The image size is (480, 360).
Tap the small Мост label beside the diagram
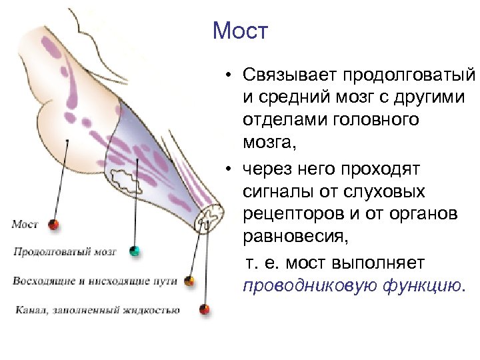click(x=25, y=225)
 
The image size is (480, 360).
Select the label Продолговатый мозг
click(x=65, y=252)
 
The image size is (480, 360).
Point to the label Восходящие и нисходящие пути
click(x=94, y=281)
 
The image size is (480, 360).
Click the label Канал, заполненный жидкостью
click(x=96, y=309)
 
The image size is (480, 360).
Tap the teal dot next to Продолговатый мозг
click(x=135, y=251)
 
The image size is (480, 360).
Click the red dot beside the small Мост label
click(x=54, y=224)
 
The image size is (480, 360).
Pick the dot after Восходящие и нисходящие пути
click(x=189, y=281)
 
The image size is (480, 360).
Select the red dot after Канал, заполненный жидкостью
click(x=204, y=309)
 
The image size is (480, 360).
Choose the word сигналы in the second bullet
click(x=273, y=192)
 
